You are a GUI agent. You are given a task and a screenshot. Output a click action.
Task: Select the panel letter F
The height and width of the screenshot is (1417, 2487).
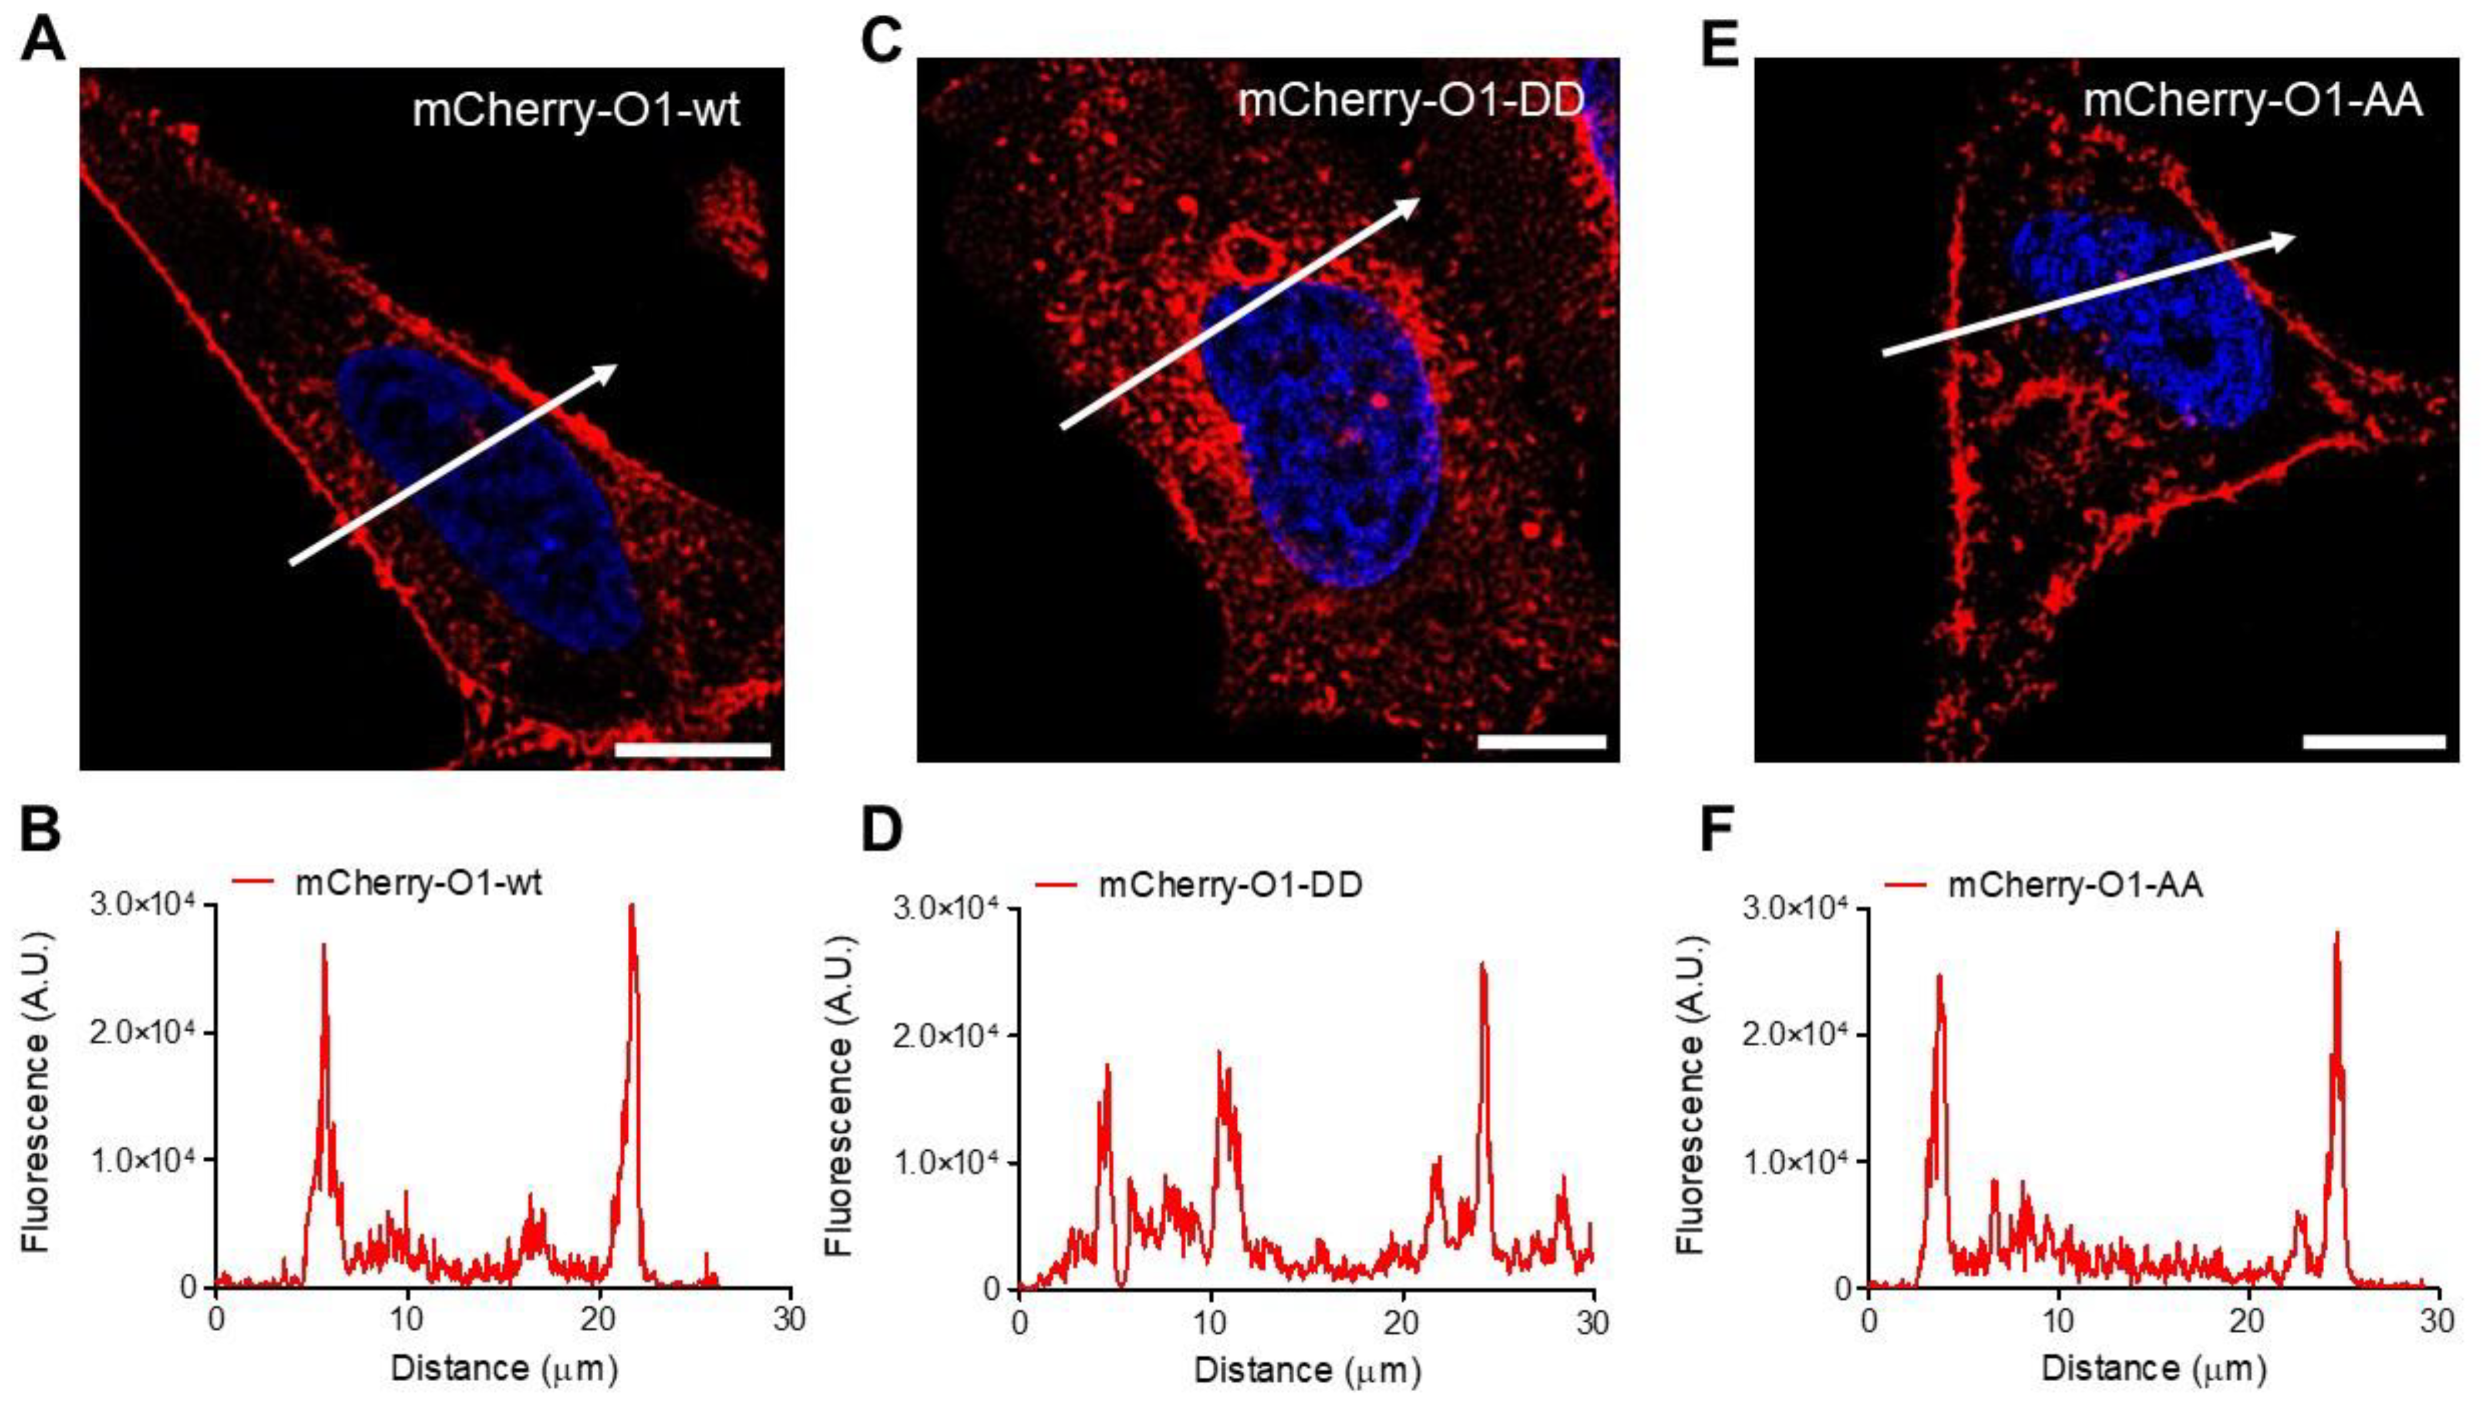1718,830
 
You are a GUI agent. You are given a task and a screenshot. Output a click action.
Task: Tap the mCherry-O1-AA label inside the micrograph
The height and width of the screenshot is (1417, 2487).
2251,101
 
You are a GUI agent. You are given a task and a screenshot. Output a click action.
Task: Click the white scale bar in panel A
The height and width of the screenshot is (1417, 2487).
693,749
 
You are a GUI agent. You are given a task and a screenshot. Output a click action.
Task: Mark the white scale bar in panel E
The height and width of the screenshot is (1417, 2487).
2373,742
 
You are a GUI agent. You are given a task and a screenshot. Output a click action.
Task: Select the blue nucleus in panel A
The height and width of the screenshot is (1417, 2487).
487,506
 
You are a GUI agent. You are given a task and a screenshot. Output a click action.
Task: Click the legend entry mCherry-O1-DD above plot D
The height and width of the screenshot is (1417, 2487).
1229,885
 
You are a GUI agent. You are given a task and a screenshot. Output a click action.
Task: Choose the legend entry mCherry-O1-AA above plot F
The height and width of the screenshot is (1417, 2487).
2074,885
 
